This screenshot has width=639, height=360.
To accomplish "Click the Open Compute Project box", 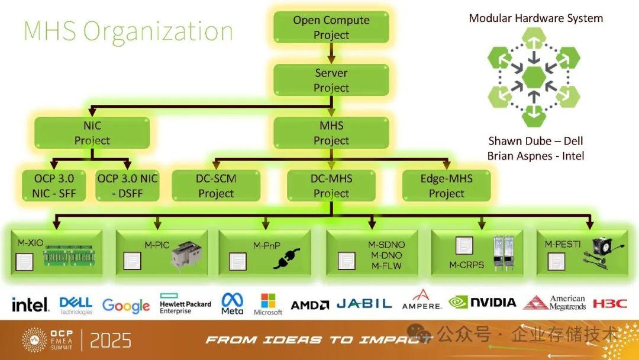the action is click(331, 27).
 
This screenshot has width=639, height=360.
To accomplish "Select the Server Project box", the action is click(331, 80).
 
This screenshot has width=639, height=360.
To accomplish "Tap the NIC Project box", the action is click(92, 133).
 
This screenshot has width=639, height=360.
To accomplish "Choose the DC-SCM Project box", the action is click(216, 185).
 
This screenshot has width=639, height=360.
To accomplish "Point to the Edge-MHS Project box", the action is click(446, 185).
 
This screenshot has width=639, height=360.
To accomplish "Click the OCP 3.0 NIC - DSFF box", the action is click(127, 185).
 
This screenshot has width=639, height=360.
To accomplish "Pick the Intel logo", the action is click(30, 304).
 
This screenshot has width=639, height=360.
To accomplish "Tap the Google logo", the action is click(126, 306).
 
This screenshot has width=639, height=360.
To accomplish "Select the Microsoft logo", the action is click(268, 304).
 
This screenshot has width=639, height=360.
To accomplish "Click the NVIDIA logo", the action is click(483, 302).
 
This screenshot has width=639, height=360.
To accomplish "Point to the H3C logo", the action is click(609, 303).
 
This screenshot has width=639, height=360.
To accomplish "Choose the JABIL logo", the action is click(364, 303).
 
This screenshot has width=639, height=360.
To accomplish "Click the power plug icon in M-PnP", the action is click(286, 259).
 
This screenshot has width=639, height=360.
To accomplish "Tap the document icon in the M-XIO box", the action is click(24, 262).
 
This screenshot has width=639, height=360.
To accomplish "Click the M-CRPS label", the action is click(467, 265).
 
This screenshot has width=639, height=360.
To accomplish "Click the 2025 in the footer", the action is click(111, 340).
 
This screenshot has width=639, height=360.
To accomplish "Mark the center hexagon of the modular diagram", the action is click(534, 76).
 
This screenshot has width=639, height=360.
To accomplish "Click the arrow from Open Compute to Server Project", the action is click(331, 53).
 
